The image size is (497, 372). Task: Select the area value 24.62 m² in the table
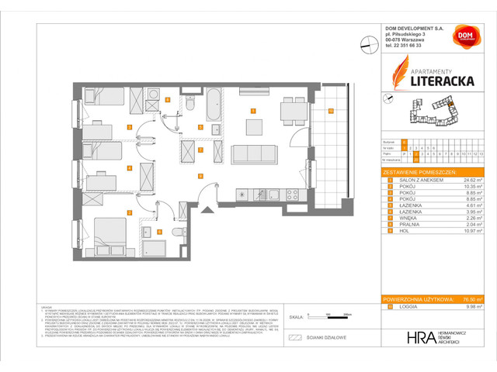471,179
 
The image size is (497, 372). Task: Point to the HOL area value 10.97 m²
471,229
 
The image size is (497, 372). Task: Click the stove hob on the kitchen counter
294,194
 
